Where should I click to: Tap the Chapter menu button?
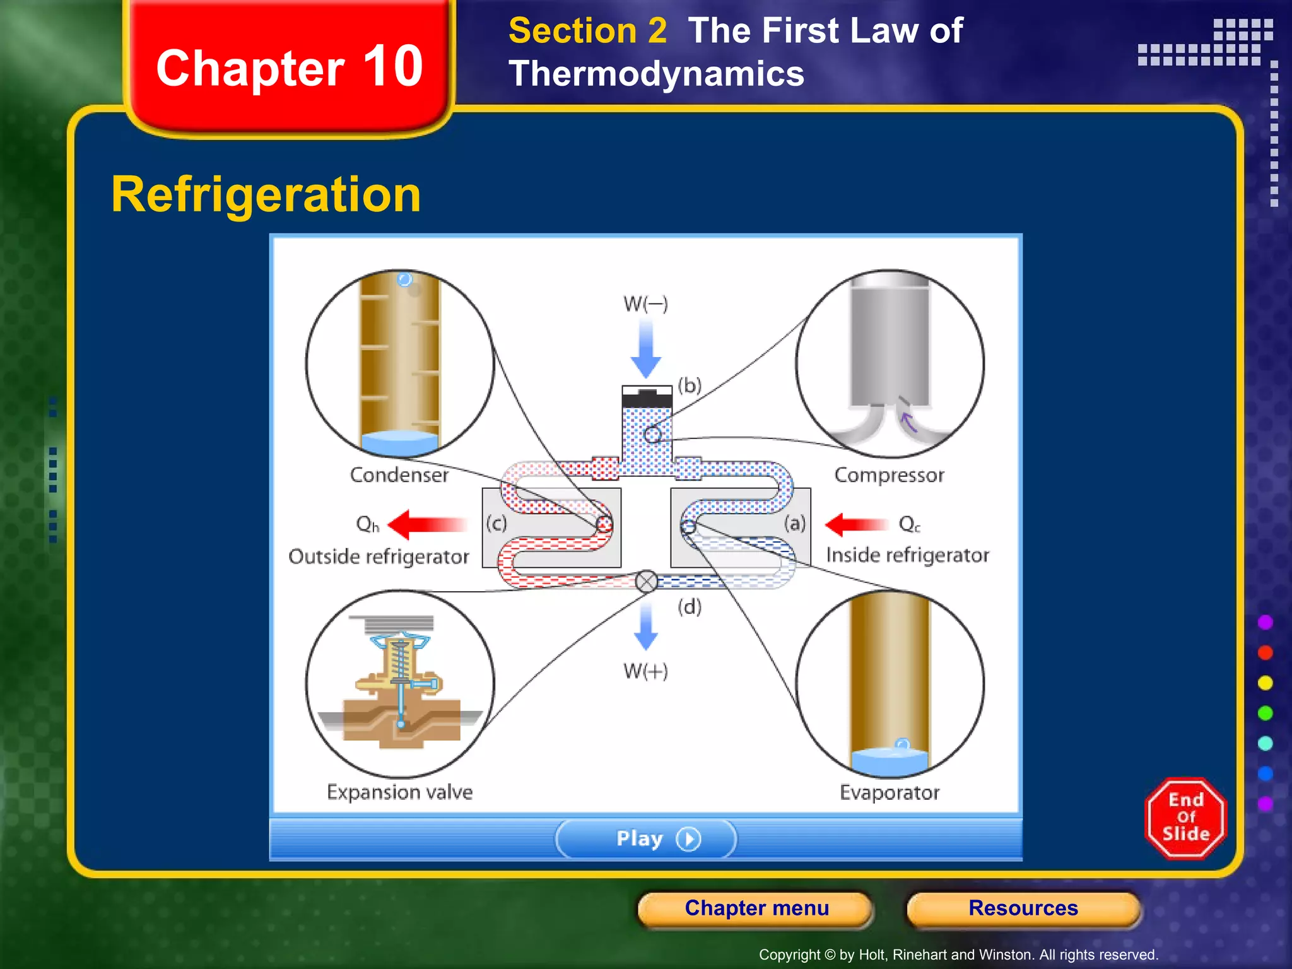[x=756, y=908]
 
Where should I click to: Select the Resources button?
[x=1023, y=908]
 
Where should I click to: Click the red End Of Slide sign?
[x=1185, y=818]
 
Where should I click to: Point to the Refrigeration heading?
[x=266, y=195]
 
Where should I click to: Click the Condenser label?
[x=399, y=474]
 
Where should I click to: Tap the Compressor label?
[x=889, y=474]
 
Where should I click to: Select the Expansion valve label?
[x=399, y=792]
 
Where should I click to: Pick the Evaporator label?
[x=890, y=792]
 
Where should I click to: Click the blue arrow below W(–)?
[x=646, y=348]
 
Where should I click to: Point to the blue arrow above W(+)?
[x=646, y=626]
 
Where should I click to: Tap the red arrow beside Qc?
[x=856, y=524]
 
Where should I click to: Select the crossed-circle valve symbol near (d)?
[x=647, y=582]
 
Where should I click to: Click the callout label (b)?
[x=690, y=385]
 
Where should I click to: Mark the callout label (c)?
[x=496, y=523]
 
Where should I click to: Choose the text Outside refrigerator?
[x=379, y=556]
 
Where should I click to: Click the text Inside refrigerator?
[x=907, y=555]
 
